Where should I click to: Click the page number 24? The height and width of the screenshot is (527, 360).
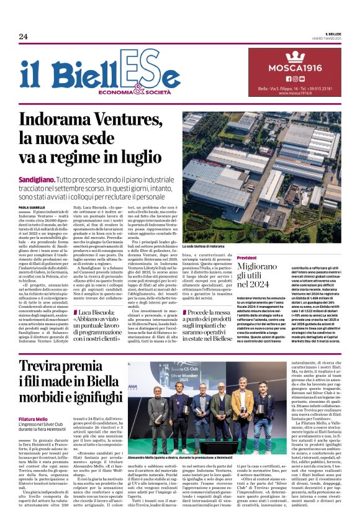23,37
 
